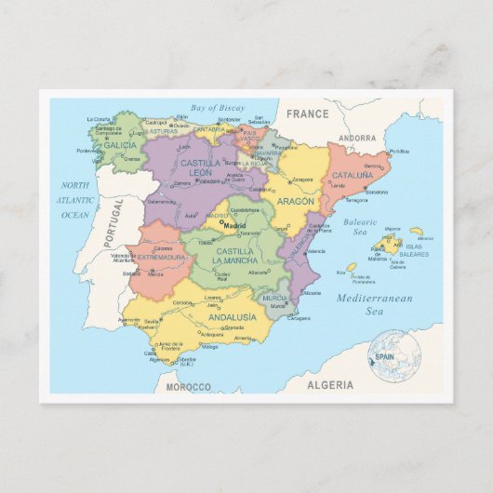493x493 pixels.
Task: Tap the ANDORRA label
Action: point(358,138)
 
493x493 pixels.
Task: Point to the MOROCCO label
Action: point(189,386)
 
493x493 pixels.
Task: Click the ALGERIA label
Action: point(331,384)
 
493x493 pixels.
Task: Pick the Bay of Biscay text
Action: point(218,108)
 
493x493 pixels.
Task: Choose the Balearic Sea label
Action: point(360,227)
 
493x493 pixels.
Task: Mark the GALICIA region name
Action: point(119,145)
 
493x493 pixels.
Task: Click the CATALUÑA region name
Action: point(353,175)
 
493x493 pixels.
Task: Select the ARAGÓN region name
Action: point(295,201)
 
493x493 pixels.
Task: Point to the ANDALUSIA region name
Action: point(232,316)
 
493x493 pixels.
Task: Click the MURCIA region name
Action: point(273,298)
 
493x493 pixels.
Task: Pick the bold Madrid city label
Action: point(234,224)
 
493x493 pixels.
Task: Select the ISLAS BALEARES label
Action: point(415,250)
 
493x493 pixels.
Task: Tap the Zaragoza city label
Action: point(302,180)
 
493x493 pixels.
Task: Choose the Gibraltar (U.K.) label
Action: point(187,361)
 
